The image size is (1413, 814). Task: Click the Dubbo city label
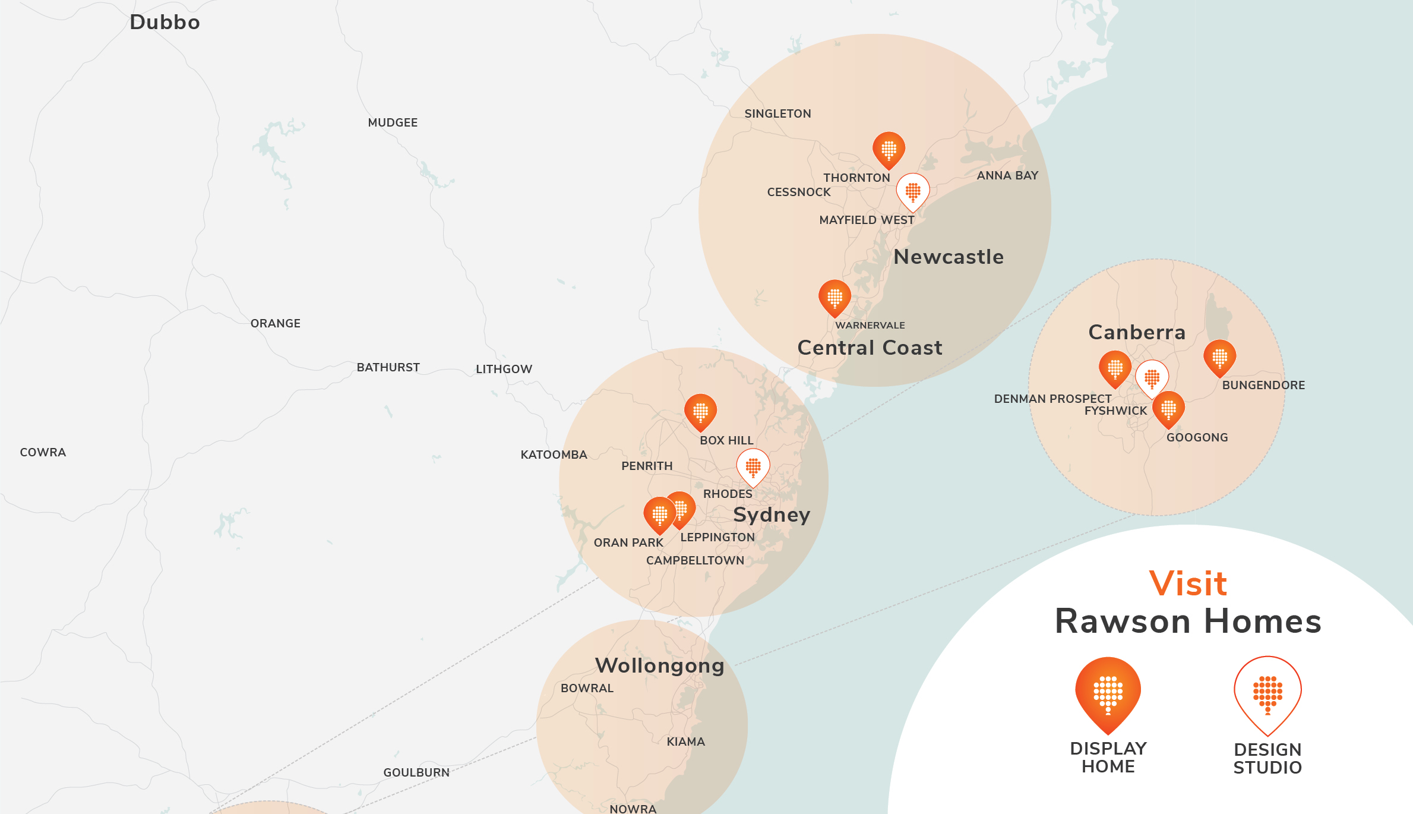pos(165,23)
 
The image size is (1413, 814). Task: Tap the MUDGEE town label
pos(393,123)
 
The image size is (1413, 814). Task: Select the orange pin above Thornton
pos(889,149)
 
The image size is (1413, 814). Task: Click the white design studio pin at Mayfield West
pos(913,191)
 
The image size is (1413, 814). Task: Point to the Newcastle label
pos(949,257)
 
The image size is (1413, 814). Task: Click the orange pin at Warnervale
pos(834,297)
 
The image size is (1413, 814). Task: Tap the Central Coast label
pos(870,348)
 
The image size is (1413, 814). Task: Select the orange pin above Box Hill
pos(700,411)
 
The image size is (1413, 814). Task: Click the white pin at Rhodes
pos(753,467)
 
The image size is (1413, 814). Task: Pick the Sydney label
pos(772,515)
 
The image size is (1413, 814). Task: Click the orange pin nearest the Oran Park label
pos(659,514)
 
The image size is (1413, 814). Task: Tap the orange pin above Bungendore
pos(1219,357)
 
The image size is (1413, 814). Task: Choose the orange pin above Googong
pos(1168,409)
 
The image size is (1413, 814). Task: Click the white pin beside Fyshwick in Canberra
pos(1152,378)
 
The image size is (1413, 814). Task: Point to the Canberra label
pos(1137,332)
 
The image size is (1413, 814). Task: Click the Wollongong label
pos(659,665)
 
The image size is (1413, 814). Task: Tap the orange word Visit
pos(1188,583)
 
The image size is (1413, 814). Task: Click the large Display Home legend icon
pos(1108,693)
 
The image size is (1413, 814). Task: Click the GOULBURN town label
pos(416,772)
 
